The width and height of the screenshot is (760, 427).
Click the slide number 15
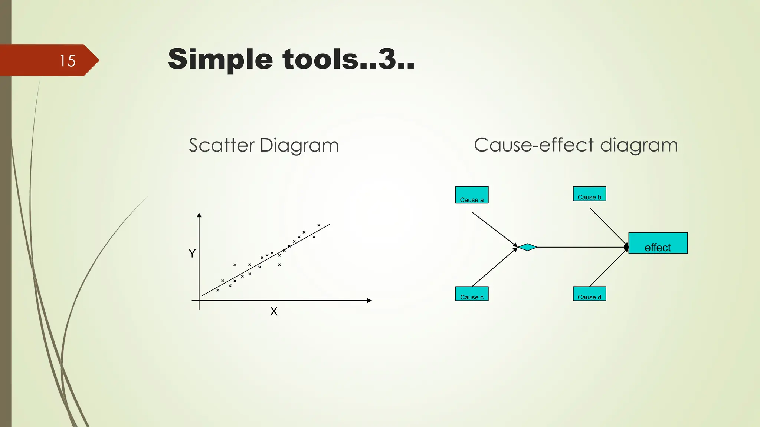tap(68, 61)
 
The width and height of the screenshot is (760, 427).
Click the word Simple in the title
tap(220, 59)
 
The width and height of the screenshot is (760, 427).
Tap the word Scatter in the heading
tap(222, 145)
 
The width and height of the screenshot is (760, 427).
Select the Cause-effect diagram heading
tap(576, 145)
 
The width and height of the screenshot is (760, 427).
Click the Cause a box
tap(472, 195)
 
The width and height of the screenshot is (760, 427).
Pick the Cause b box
tap(589, 194)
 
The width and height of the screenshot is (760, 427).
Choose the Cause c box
tap(472, 294)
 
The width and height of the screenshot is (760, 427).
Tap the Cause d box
tap(589, 294)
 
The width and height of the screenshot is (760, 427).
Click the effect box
tap(658, 243)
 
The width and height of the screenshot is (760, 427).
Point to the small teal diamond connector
tap(527, 247)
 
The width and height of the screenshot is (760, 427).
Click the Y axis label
tap(192, 254)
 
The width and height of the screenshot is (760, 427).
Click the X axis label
tap(274, 311)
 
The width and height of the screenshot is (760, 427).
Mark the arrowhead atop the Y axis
tap(199, 215)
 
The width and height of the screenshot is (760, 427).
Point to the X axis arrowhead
tap(369, 301)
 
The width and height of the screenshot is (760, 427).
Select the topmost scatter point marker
tap(319, 225)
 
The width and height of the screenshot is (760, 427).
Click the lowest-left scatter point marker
tap(217, 290)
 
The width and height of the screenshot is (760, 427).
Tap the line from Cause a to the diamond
tap(494, 228)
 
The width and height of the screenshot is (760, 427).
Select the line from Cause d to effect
tap(608, 268)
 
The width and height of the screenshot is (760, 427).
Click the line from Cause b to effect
tap(608, 226)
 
